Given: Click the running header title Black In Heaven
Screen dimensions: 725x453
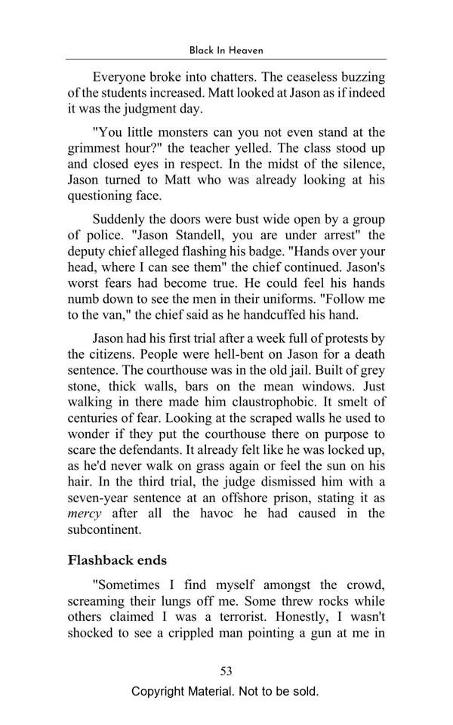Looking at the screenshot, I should (226, 51).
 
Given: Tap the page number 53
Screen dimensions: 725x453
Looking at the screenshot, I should (226, 671).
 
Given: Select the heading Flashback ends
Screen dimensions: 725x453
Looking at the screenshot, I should (117, 560).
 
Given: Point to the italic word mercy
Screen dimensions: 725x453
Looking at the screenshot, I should (85, 514).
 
